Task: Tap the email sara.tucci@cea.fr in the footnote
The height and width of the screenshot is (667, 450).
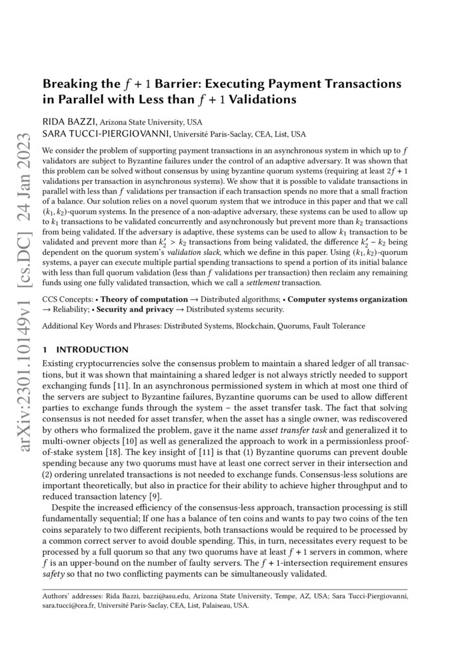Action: (68, 605)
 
